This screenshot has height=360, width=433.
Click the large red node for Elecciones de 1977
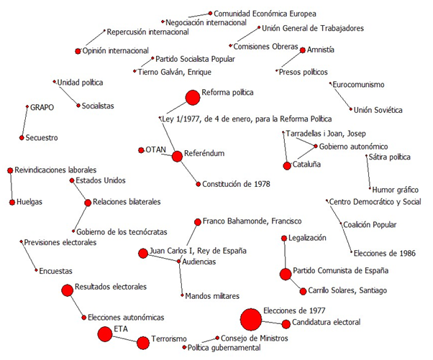250,318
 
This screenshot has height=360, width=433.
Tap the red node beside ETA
105,333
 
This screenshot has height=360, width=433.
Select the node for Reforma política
192,97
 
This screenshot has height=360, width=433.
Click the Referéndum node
177,156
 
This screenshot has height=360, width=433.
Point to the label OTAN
156,150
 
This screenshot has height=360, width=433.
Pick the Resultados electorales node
68,290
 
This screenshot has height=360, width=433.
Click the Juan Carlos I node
143,252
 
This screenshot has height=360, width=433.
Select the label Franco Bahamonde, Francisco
252,221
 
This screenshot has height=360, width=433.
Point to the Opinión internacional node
78,51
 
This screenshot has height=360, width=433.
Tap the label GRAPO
41,106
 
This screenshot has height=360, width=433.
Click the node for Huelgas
12,202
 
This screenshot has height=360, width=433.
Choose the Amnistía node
301,50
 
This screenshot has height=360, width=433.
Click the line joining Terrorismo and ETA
124,337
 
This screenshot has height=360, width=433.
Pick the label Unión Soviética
378,109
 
